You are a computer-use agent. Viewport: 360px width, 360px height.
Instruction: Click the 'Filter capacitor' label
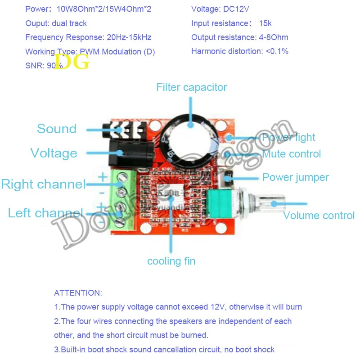pyautogui.click(x=192, y=87)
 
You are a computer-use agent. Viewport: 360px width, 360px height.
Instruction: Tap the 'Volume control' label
pyautogui.click(x=319, y=216)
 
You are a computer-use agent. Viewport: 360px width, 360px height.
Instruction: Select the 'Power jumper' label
pyautogui.click(x=295, y=177)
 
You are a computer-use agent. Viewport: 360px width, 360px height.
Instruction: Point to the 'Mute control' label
pyautogui.click(x=292, y=154)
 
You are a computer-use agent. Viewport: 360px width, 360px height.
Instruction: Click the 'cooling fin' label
pyautogui.click(x=171, y=261)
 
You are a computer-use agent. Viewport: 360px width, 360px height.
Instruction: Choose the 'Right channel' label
pyautogui.click(x=43, y=184)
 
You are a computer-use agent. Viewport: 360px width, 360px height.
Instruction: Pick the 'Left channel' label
pyautogui.click(x=45, y=213)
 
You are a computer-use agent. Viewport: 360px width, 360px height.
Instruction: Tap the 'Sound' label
pyautogui.click(x=57, y=129)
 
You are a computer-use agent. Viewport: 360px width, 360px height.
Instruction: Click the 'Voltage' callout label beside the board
pyautogui.click(x=54, y=153)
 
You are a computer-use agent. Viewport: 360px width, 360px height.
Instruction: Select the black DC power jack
pyautogui.click(x=126, y=153)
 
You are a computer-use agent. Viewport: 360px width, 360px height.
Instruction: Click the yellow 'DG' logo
pyautogui.click(x=72, y=62)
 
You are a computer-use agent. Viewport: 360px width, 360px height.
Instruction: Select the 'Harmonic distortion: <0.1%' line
pyautogui.click(x=240, y=51)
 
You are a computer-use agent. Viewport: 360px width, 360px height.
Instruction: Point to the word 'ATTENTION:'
pyautogui.click(x=78, y=293)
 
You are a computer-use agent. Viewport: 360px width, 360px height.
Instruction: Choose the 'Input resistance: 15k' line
pyautogui.click(x=231, y=23)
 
